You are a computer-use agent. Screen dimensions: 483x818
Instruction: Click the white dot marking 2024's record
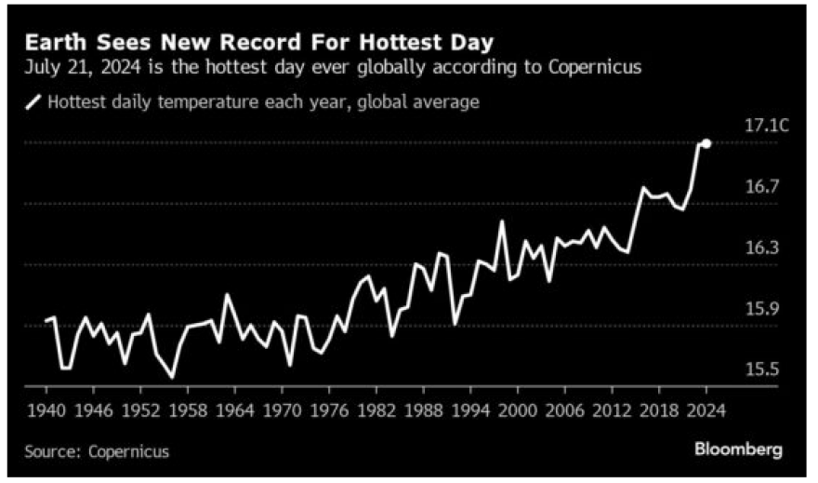tap(706, 143)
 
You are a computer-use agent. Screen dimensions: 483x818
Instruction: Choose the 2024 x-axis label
tap(705, 409)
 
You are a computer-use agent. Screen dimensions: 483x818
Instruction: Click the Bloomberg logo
tap(738, 449)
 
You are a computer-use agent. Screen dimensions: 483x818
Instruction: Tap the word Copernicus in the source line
tap(129, 451)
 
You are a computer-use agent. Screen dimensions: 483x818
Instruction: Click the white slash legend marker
tap(35, 101)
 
